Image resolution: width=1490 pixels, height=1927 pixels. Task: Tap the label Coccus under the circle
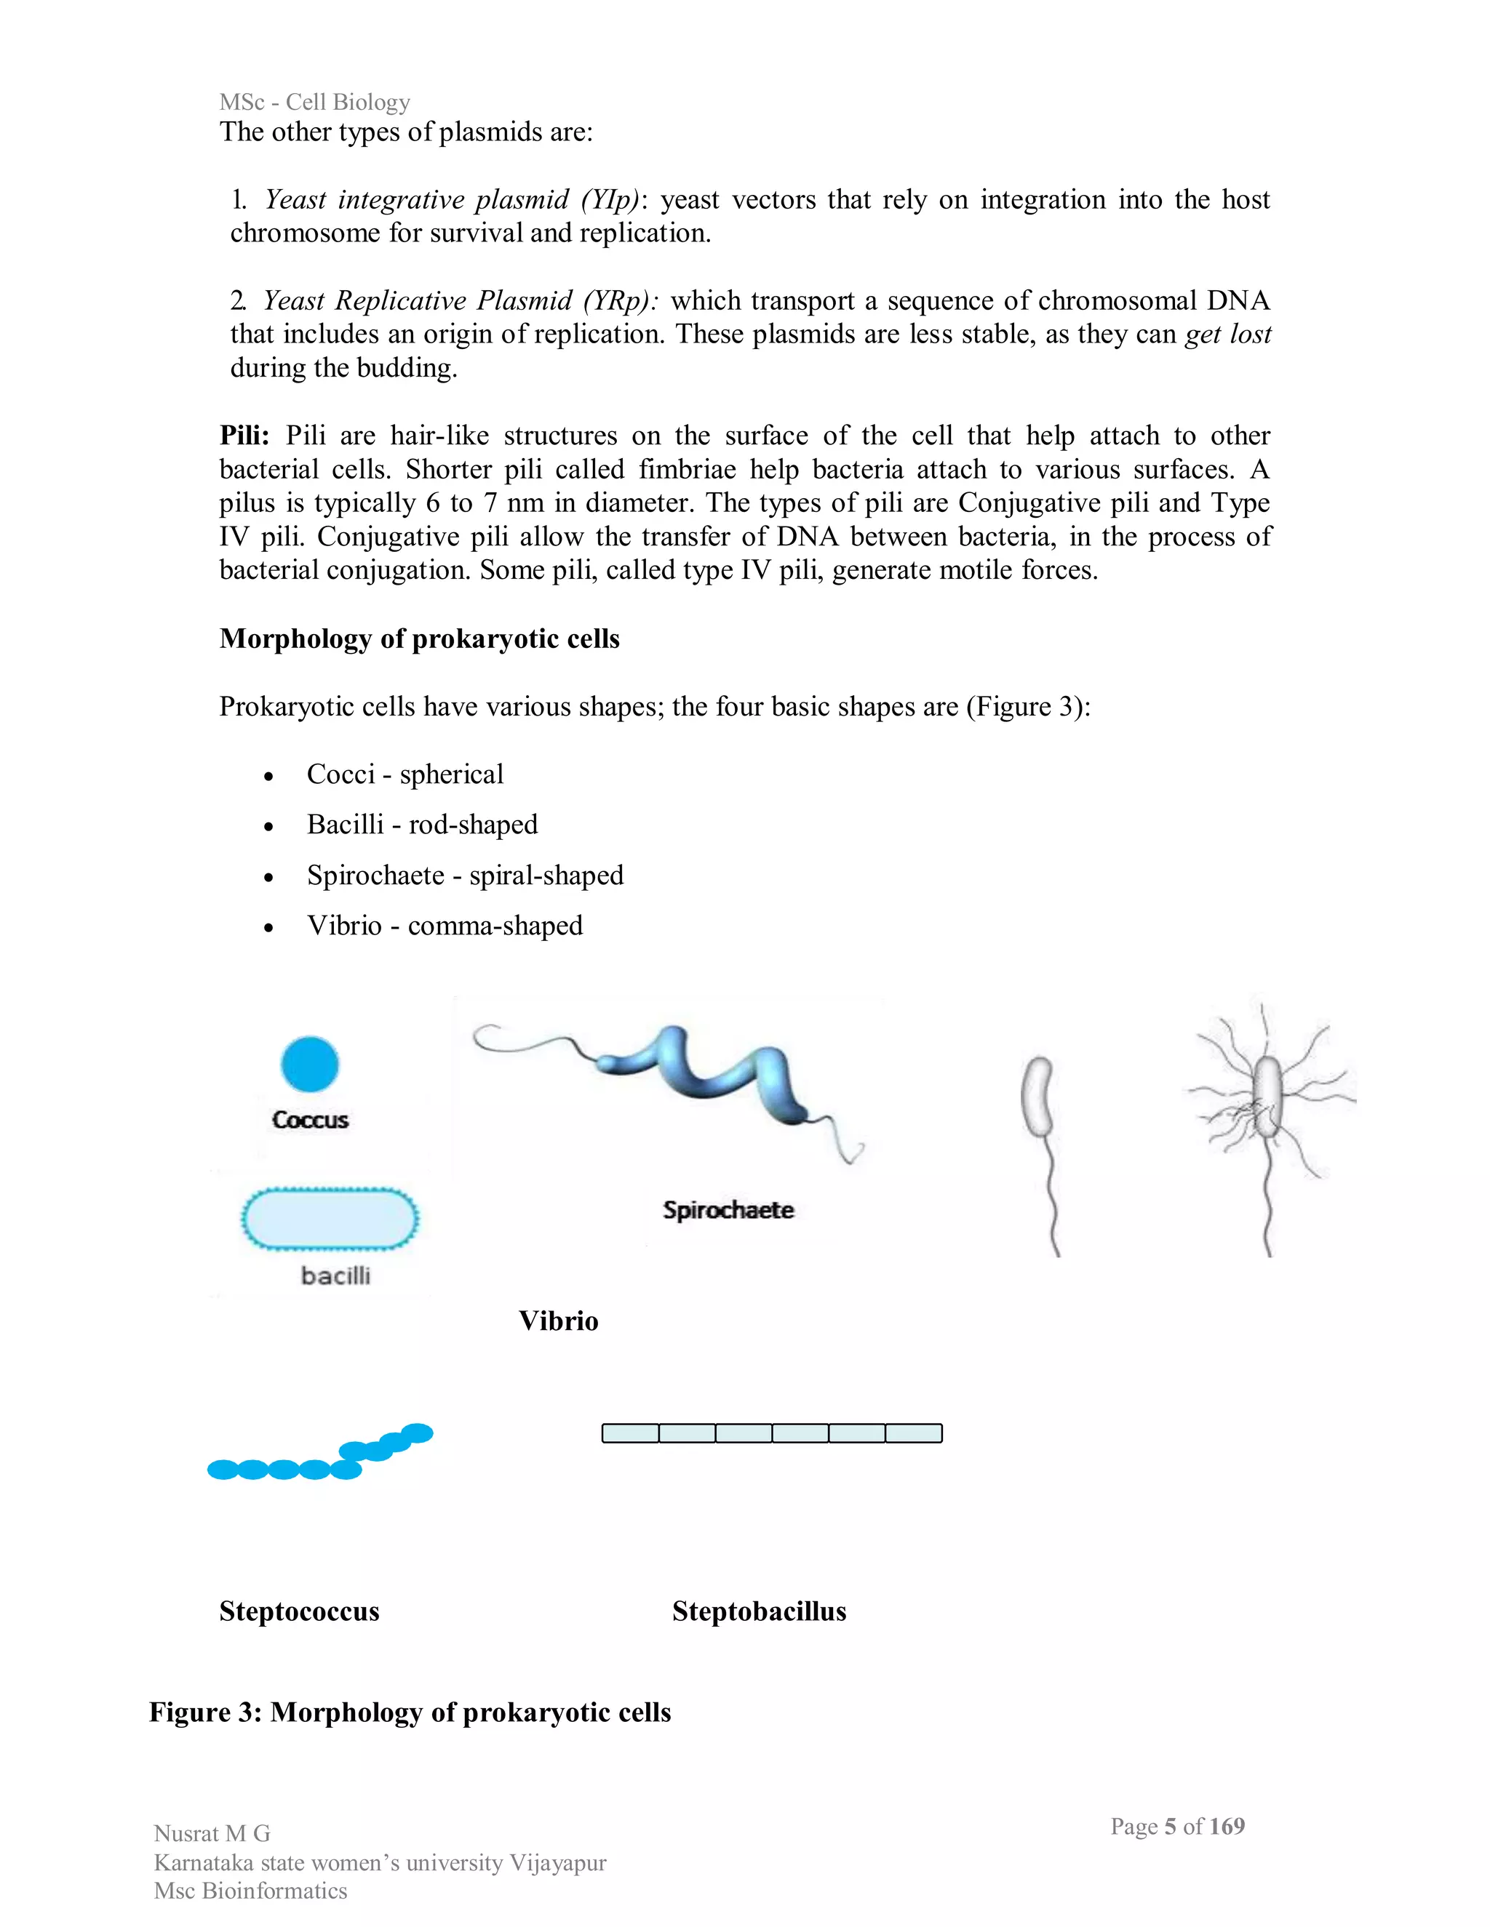coord(310,1120)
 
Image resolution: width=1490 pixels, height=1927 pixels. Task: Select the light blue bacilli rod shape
coord(330,1219)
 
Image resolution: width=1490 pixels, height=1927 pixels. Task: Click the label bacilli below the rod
coord(335,1276)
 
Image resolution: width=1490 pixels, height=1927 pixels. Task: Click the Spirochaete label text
coord(728,1210)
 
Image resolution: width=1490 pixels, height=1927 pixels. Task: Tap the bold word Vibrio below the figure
coord(558,1321)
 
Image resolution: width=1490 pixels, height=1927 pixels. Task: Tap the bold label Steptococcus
coord(299,1611)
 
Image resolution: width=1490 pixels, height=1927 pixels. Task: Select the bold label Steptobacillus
coord(759,1611)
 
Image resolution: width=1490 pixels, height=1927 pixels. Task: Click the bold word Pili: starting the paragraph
coord(244,436)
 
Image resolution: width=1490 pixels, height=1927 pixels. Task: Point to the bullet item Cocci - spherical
coord(405,774)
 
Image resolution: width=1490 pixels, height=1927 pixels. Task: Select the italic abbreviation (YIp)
coord(610,199)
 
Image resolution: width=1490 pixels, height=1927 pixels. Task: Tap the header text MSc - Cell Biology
coord(315,103)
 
